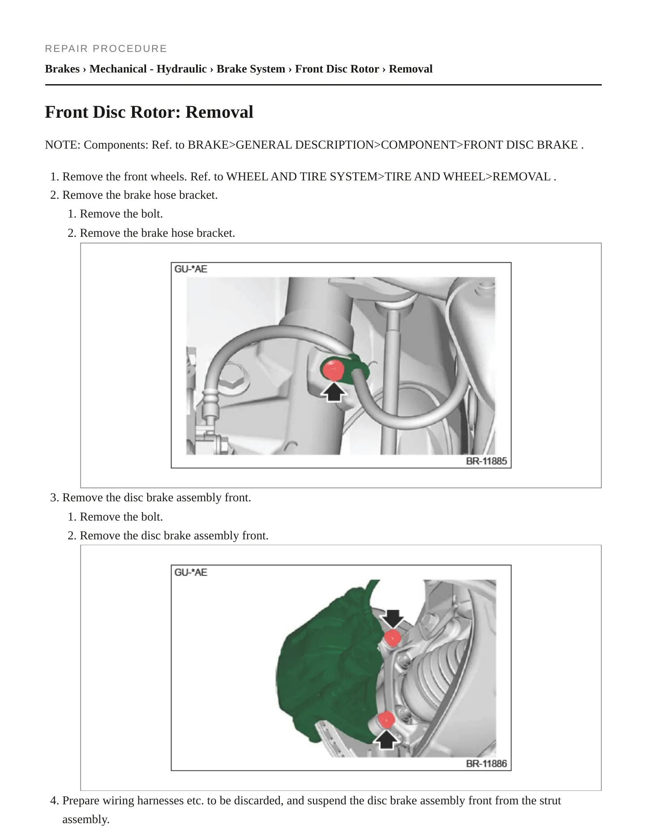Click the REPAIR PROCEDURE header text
tap(106, 48)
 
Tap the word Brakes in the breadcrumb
tap(62, 69)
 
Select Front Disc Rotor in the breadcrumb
tap(337, 69)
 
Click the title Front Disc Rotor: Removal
tap(149, 112)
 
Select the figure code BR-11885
tap(486, 461)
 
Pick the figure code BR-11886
tap(486, 764)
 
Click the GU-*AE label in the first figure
tap(191, 269)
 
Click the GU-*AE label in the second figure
tap(191, 572)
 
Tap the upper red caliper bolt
tap(392, 637)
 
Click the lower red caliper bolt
tap(386, 720)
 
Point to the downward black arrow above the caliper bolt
tap(393, 619)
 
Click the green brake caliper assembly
tap(327, 667)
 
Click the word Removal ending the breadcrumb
tap(411, 69)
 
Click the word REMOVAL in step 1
tap(522, 177)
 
